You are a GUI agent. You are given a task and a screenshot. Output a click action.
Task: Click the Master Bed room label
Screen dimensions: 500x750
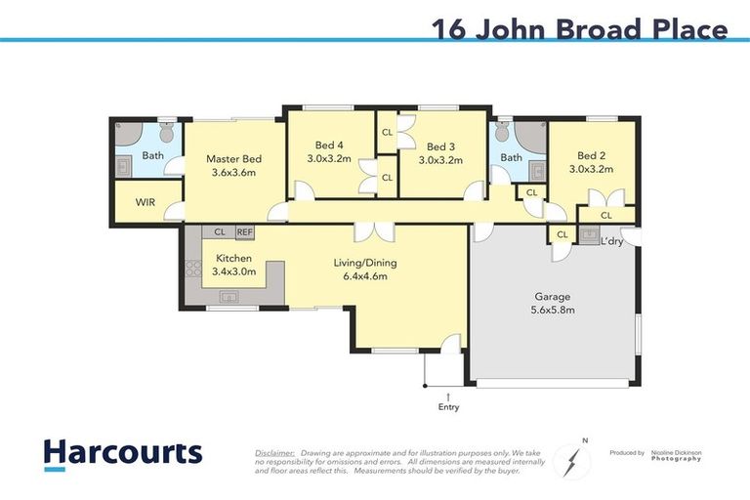pos(233,165)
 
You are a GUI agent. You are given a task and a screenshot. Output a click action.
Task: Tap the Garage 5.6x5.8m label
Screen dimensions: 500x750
pos(553,303)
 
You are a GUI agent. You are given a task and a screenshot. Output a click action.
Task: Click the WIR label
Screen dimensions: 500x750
pos(145,202)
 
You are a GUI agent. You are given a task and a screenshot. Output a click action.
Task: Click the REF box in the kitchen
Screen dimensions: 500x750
pos(244,233)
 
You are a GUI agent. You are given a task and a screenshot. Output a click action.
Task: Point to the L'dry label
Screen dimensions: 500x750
pos(612,240)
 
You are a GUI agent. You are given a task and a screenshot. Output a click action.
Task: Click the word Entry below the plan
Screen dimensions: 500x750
pos(448,406)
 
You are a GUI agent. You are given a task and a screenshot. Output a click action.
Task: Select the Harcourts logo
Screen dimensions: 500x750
pos(122,453)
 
